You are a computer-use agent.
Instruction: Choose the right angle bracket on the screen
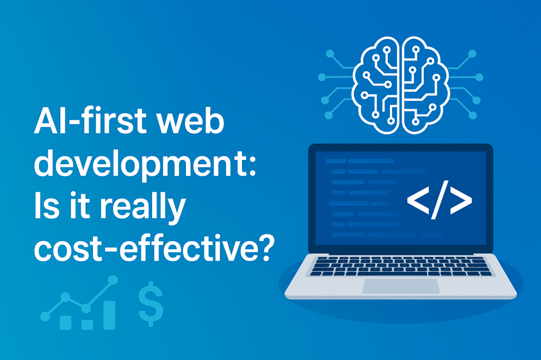tap(459, 201)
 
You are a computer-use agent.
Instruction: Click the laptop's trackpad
tap(400, 286)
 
